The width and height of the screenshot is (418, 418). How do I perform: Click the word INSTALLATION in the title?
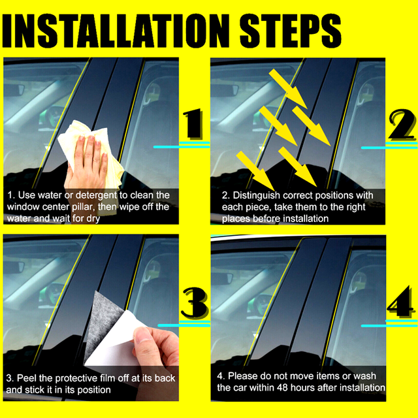pyautogui.click(x=116, y=31)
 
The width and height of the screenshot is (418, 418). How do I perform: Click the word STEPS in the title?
pyautogui.click(x=291, y=31)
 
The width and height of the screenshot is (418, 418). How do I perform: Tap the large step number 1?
pyautogui.click(x=192, y=123)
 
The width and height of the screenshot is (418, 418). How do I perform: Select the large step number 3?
pyautogui.click(x=195, y=303)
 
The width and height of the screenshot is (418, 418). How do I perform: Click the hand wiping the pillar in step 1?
pyautogui.click(x=87, y=163)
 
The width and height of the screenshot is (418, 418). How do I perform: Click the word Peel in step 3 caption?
pyautogui.click(x=25, y=378)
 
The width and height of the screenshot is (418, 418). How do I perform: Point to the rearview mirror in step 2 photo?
pyautogui.click(x=224, y=90)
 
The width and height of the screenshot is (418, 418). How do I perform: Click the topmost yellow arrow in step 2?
pyautogui.click(x=289, y=89)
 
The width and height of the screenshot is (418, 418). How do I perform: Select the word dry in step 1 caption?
pyautogui.click(x=93, y=219)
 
